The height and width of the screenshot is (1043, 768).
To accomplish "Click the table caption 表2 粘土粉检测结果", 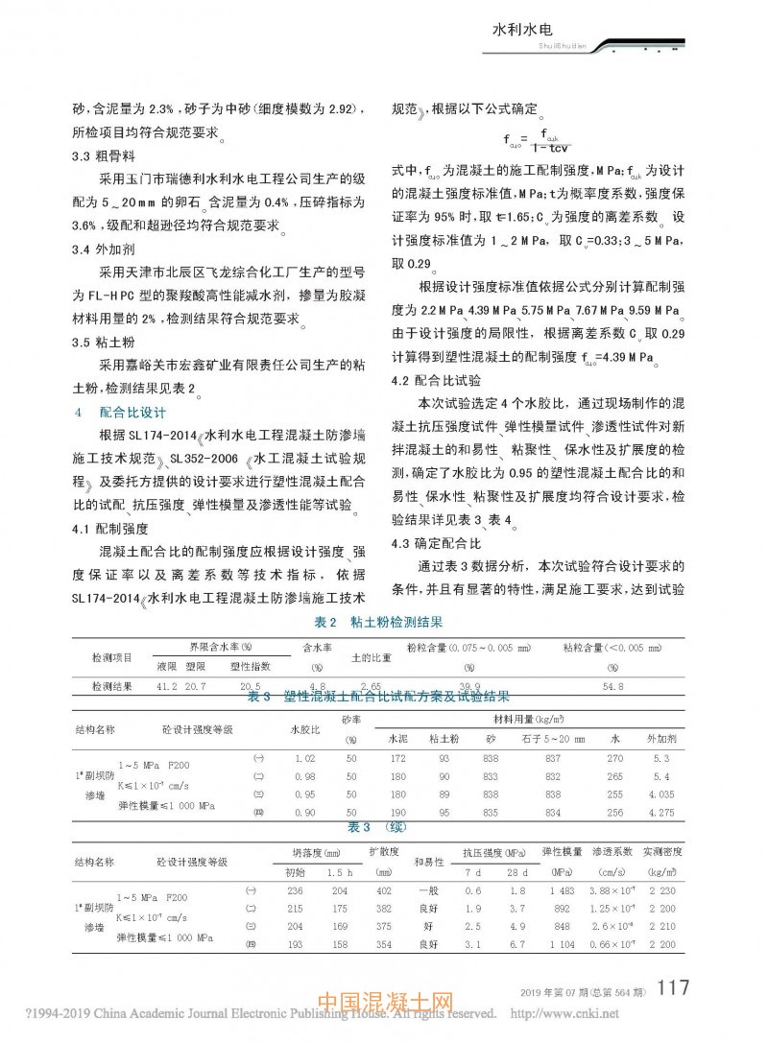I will point(384,622).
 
